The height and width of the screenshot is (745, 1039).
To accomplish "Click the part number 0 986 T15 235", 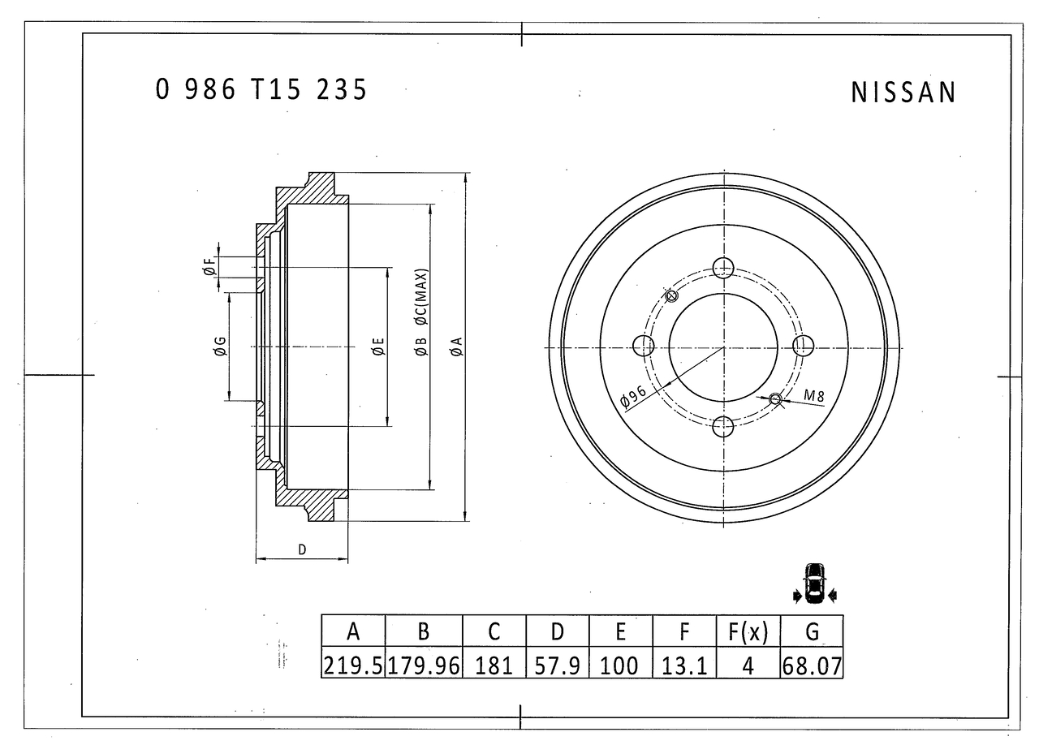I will click(261, 89).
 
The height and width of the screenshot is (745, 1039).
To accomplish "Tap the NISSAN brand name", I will click(903, 93).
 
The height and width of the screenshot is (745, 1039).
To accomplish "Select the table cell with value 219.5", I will click(353, 666).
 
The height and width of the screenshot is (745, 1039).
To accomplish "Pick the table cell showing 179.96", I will click(424, 666).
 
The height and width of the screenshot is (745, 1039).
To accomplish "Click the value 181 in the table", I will click(494, 666).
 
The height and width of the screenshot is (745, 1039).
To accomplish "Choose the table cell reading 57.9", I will click(558, 666).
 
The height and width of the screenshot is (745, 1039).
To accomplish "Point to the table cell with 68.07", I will click(812, 666).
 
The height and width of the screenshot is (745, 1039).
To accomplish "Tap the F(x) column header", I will click(748, 631).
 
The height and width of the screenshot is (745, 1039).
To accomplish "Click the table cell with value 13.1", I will click(684, 666).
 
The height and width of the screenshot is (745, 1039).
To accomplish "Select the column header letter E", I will click(621, 631).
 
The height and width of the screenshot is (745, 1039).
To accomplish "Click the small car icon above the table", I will click(813, 583).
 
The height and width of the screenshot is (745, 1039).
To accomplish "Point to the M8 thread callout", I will click(814, 396).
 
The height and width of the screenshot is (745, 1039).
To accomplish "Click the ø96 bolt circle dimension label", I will click(633, 395).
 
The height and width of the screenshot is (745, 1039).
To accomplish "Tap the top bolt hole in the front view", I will click(723, 267).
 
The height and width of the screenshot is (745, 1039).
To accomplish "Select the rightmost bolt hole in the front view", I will click(803, 347).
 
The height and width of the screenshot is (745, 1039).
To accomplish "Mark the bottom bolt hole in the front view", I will click(723, 426).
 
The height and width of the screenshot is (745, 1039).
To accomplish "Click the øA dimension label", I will click(456, 347).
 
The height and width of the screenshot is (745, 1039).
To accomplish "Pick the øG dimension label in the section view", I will click(219, 347).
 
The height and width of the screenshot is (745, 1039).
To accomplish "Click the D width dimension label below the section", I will click(302, 549).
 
